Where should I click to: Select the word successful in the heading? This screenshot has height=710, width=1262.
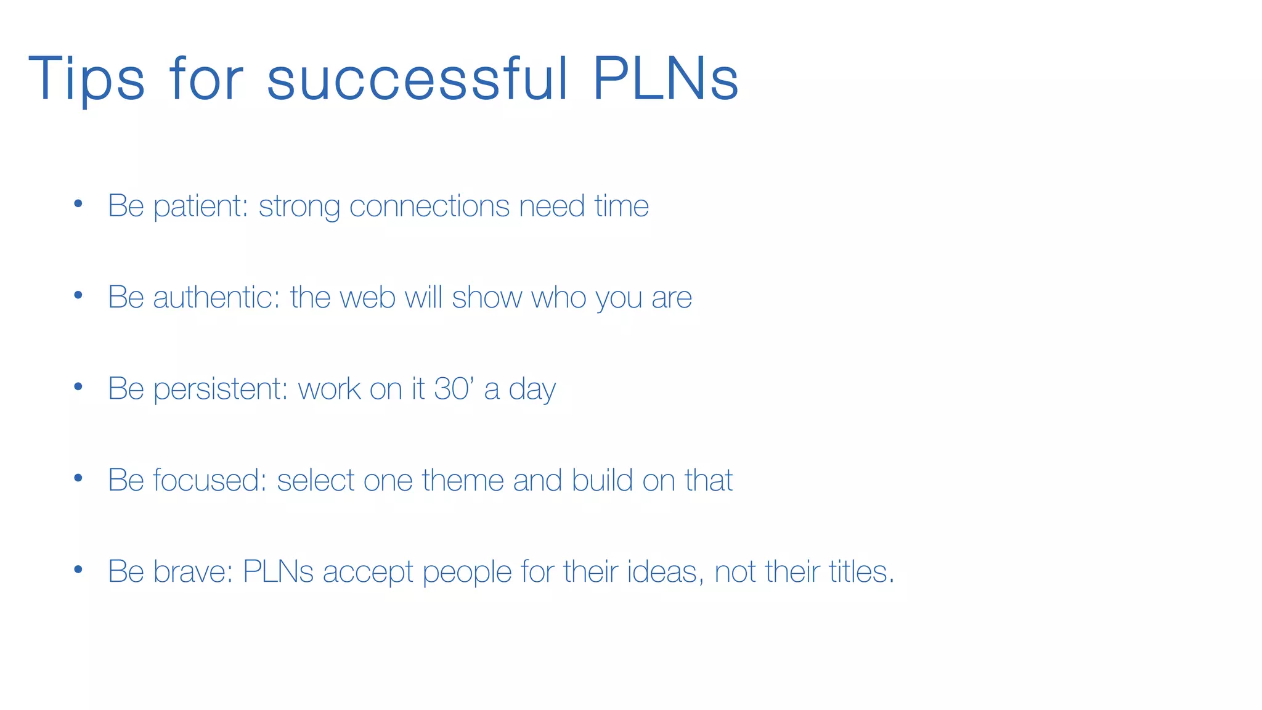(x=417, y=79)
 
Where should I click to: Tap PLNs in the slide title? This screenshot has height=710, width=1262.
(x=666, y=79)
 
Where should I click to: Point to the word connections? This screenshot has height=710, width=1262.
(x=429, y=206)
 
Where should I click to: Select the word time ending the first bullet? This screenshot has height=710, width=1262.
(x=621, y=206)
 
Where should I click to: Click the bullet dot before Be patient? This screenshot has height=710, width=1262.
(x=78, y=204)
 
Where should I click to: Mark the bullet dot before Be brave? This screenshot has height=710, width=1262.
(x=78, y=569)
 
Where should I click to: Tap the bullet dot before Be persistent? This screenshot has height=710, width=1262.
(x=78, y=387)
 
